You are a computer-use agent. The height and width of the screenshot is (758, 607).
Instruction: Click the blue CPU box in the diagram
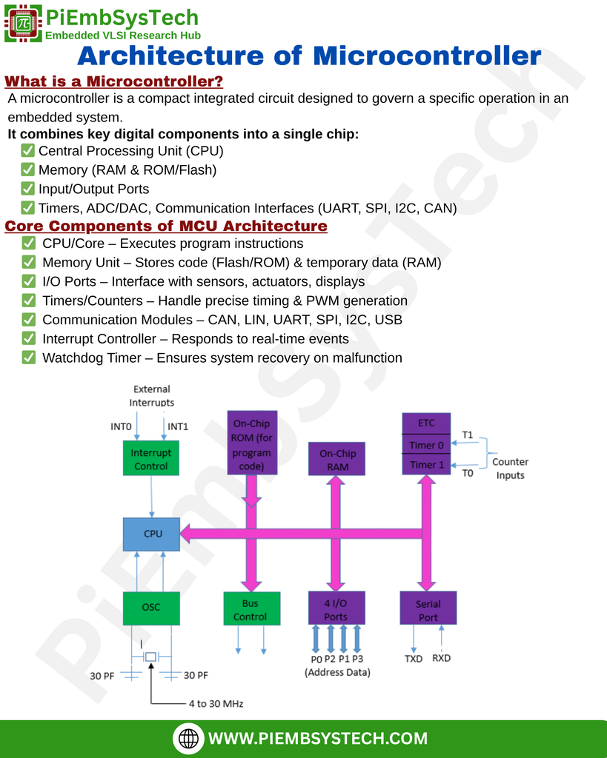(x=151, y=534)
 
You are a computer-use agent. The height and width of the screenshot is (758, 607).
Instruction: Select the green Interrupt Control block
(x=151, y=457)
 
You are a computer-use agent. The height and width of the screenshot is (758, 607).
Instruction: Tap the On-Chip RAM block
(x=337, y=459)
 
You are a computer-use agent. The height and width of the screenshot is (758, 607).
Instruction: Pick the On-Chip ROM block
(x=252, y=443)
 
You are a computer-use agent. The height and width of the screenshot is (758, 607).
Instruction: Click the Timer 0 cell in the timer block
(x=426, y=445)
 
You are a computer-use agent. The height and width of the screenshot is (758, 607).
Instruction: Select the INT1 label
(x=178, y=426)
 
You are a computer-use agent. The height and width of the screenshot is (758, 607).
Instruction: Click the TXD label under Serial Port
(x=414, y=658)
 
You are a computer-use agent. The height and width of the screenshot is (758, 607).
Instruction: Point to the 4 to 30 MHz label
(x=216, y=703)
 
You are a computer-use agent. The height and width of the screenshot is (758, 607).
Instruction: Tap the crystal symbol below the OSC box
(x=151, y=657)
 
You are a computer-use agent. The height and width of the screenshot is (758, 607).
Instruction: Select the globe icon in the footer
(x=188, y=738)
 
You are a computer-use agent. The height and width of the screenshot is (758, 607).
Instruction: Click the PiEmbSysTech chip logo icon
(x=23, y=23)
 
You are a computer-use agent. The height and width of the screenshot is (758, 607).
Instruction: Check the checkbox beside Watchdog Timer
(x=29, y=358)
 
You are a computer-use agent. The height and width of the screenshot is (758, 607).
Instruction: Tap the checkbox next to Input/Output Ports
(x=27, y=188)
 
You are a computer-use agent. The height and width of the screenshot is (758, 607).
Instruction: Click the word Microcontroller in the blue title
(x=427, y=56)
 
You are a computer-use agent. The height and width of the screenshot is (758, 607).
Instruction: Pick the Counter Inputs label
(x=510, y=468)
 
